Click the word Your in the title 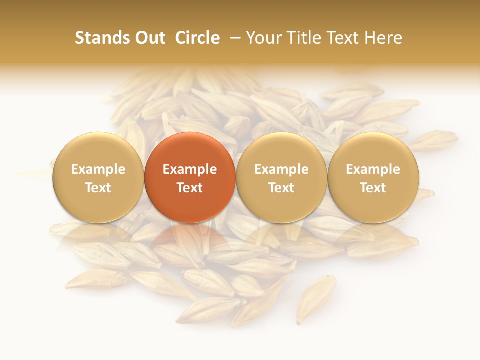(x=264, y=38)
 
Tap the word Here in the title (x=385, y=38)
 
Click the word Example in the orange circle (x=190, y=169)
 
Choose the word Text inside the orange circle (x=190, y=188)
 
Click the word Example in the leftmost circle (x=98, y=169)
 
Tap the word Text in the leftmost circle (x=98, y=188)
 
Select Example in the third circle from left (x=281, y=169)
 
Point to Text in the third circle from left (x=281, y=188)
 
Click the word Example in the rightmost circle (x=373, y=169)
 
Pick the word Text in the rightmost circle (x=373, y=188)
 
